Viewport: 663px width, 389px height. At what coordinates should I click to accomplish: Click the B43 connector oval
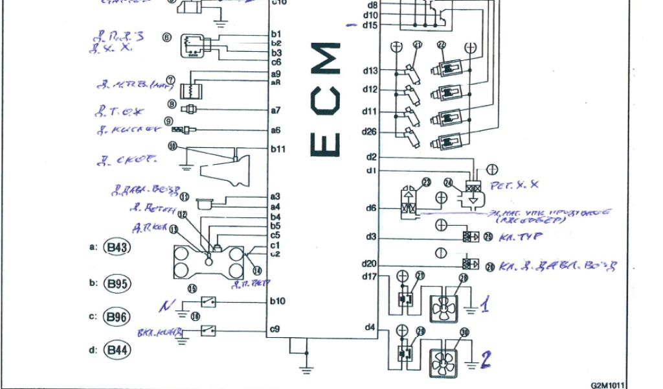tap(118, 248)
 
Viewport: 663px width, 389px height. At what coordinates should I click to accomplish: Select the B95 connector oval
tap(118, 283)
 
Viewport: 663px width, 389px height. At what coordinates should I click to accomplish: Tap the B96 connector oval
tap(118, 317)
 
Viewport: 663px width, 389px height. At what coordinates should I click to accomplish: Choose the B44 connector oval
tap(118, 351)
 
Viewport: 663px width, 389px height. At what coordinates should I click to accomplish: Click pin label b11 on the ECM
tap(278, 148)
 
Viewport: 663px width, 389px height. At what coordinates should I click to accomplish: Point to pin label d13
tap(370, 70)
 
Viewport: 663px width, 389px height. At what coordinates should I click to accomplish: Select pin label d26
tap(370, 131)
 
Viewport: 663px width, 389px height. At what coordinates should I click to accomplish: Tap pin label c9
tap(275, 329)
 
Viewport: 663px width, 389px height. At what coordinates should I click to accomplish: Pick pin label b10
tap(278, 301)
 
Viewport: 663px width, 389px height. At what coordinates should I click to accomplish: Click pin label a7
tap(276, 110)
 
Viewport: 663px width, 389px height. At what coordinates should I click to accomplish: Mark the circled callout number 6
tap(167, 38)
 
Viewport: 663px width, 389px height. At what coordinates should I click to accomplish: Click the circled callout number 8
tap(172, 104)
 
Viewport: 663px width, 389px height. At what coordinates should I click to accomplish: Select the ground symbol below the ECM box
tap(306, 370)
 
